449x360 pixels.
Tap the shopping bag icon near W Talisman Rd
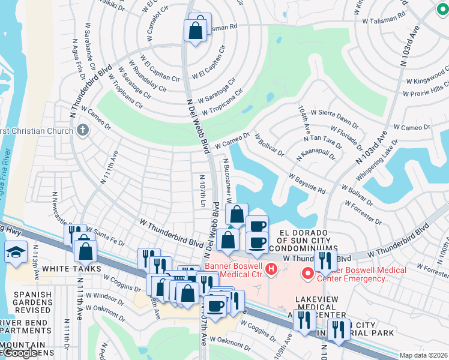point(196,31)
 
